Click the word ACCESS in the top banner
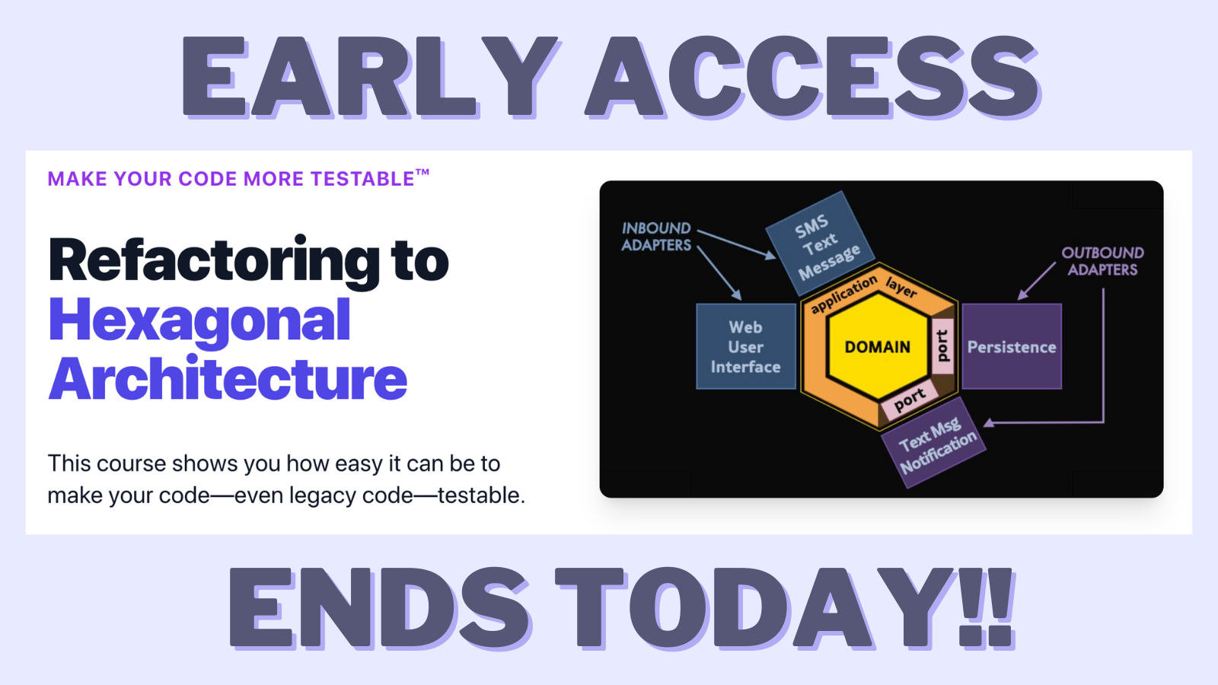pyautogui.click(x=812, y=77)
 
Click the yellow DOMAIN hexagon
pyautogui.click(x=877, y=347)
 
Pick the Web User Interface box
pyautogui.click(x=746, y=346)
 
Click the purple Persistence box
pyautogui.click(x=1012, y=346)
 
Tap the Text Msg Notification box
pyautogui.click(x=933, y=442)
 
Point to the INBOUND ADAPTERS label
pyautogui.click(x=656, y=237)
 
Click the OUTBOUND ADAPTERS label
pyautogui.click(x=1103, y=261)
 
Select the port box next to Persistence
pyautogui.click(x=943, y=346)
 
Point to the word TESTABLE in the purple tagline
pyautogui.click(x=362, y=179)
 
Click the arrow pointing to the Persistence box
pyautogui.click(x=1036, y=281)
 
